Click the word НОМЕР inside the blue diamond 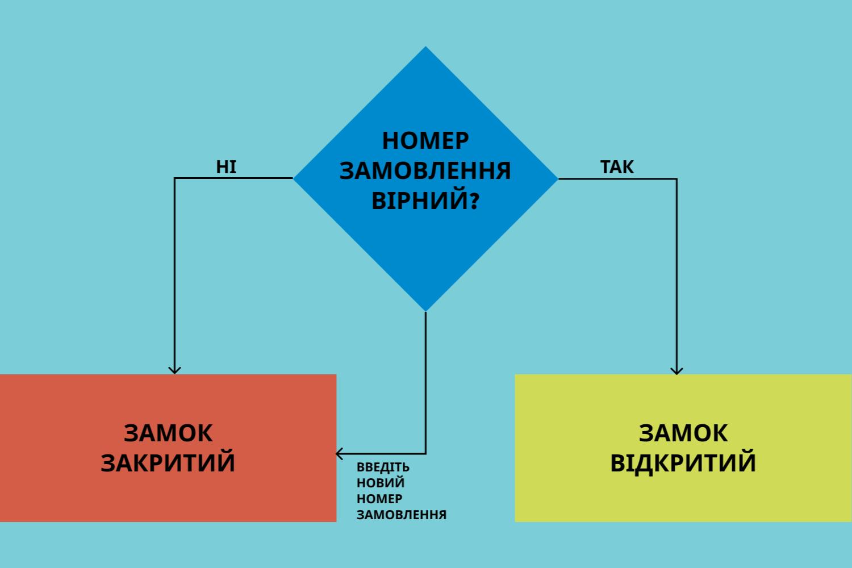click(x=425, y=140)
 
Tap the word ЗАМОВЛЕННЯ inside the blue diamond click(x=425, y=170)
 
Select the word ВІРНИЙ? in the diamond click(x=425, y=201)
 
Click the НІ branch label click(x=226, y=167)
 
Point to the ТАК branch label click(x=617, y=167)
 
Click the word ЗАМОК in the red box click(x=168, y=433)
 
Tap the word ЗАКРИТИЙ click(x=168, y=463)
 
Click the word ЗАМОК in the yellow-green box click(x=683, y=433)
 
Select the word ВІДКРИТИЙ click(x=683, y=463)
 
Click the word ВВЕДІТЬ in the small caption click(x=383, y=467)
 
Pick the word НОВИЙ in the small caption click(x=381, y=483)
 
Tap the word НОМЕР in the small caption click(x=379, y=499)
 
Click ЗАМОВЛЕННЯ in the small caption click(x=402, y=515)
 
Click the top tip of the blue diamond click(x=426, y=48)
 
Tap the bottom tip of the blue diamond click(x=426, y=310)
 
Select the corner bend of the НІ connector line click(x=175, y=178)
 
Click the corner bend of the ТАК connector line click(x=676, y=179)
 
